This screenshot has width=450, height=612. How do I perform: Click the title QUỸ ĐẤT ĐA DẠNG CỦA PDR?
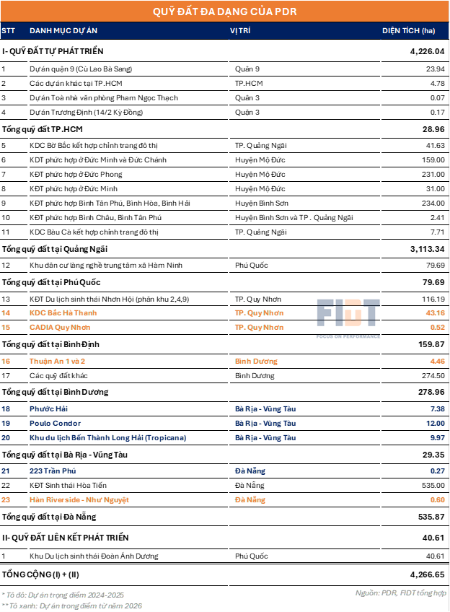pyautogui.click(x=224, y=12)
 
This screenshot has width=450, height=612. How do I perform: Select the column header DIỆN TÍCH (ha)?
pyautogui.click(x=409, y=31)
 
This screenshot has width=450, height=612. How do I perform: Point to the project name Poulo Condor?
pyautogui.click(x=55, y=423)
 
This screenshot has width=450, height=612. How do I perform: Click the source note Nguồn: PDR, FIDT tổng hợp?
pyautogui.click(x=400, y=593)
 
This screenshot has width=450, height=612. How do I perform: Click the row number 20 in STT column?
pyautogui.click(x=6, y=437)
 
